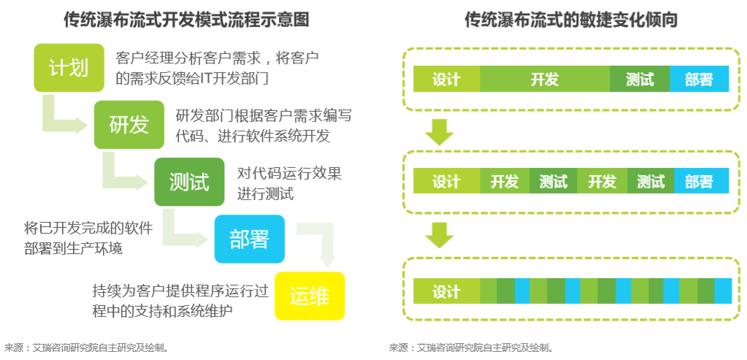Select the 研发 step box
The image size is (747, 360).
[x=129, y=125]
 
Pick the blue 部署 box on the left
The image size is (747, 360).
[x=249, y=239]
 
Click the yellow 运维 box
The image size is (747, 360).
[x=309, y=296]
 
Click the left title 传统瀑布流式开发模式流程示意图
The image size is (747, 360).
[x=187, y=20]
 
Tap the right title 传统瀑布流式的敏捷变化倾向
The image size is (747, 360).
[x=571, y=20]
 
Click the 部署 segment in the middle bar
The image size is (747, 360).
[x=701, y=181]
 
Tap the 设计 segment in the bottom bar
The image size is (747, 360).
[x=446, y=291]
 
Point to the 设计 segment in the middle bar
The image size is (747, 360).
[x=446, y=181]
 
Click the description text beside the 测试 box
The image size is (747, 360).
[x=289, y=184]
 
